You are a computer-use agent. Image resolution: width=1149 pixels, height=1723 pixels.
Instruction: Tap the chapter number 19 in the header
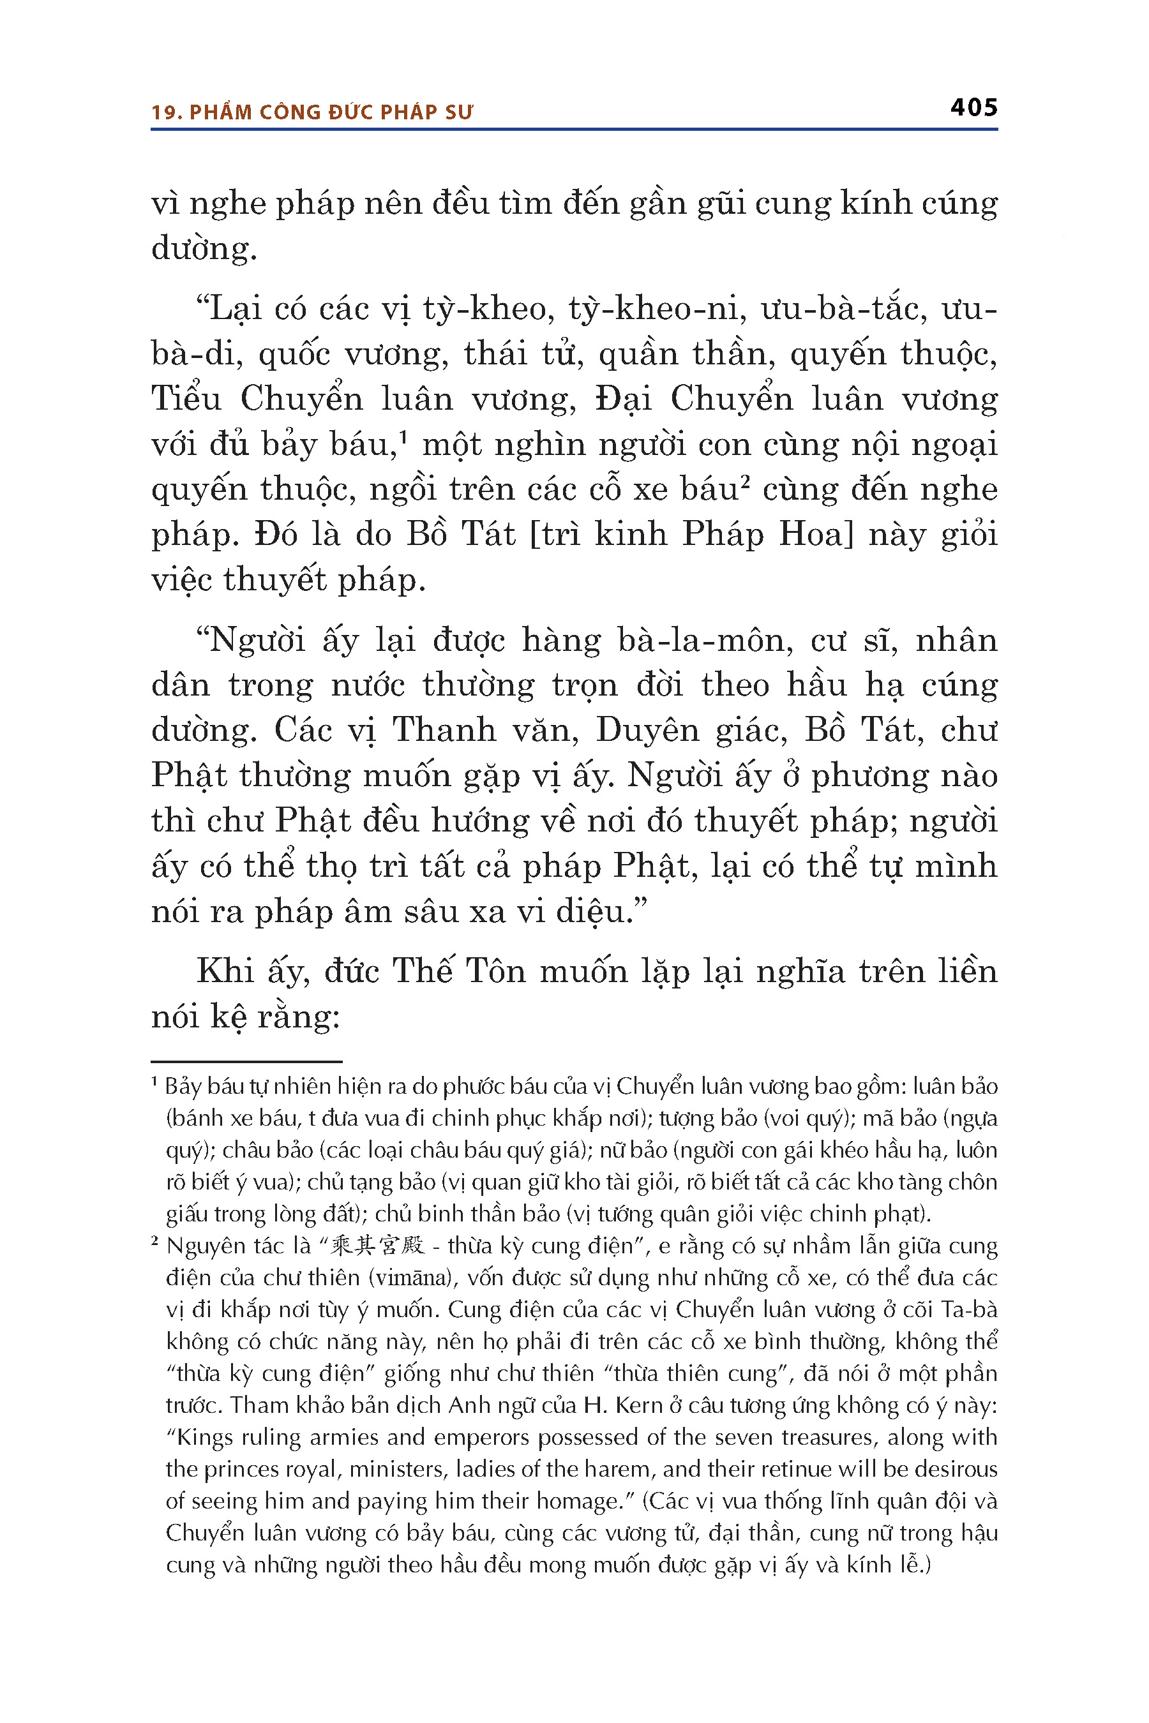pos(164,113)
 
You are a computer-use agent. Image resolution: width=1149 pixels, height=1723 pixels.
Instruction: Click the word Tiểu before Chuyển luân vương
pos(186,399)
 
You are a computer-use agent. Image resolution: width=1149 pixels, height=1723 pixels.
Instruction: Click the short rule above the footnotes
pos(246,1061)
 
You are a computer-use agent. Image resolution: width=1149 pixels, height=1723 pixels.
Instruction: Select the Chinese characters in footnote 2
pos(378,1246)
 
